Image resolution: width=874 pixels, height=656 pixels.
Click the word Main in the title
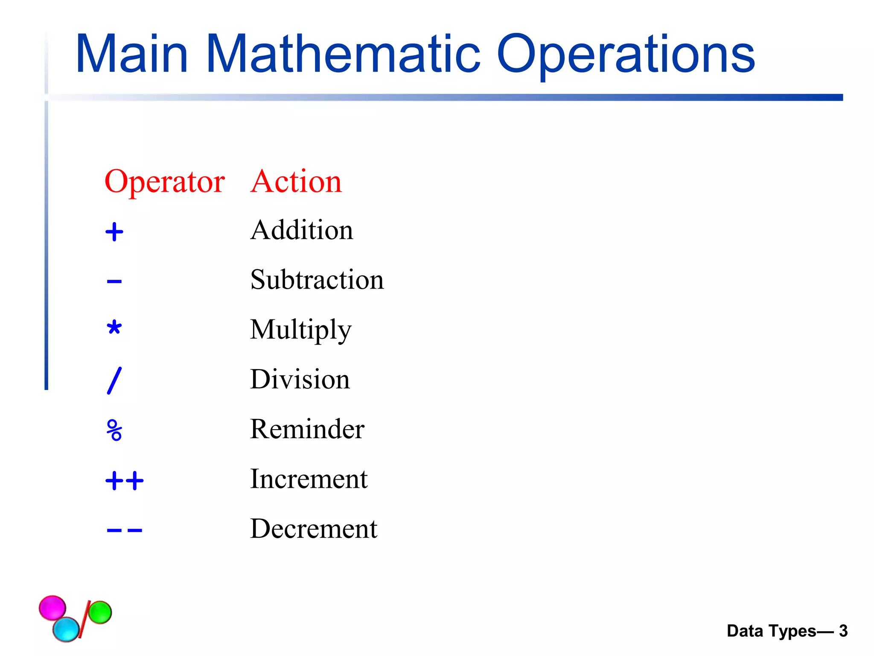tap(131, 54)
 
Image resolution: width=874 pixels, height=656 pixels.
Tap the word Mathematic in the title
tap(344, 54)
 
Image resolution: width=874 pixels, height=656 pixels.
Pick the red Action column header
tap(296, 182)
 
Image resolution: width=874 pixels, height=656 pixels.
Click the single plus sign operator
tap(114, 232)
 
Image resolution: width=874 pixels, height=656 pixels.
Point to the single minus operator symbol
tap(114, 281)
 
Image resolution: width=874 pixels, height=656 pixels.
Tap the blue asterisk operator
tap(114, 328)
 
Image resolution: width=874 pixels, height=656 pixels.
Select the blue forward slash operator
tap(114, 381)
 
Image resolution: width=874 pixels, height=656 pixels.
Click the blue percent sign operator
tap(114, 430)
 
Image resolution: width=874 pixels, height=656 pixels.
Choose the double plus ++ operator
tap(125, 481)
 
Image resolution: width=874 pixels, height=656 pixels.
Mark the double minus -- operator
tap(125, 531)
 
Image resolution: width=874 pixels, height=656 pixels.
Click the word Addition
tap(302, 231)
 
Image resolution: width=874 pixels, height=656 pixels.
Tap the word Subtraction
tap(317, 280)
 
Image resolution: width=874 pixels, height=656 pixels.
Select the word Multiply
tap(300, 330)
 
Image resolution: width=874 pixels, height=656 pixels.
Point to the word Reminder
tap(307, 429)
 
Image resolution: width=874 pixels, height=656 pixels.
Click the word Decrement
tap(314, 529)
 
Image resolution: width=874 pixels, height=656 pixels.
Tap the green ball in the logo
tap(100, 612)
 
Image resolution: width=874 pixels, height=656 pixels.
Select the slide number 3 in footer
tap(843, 631)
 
